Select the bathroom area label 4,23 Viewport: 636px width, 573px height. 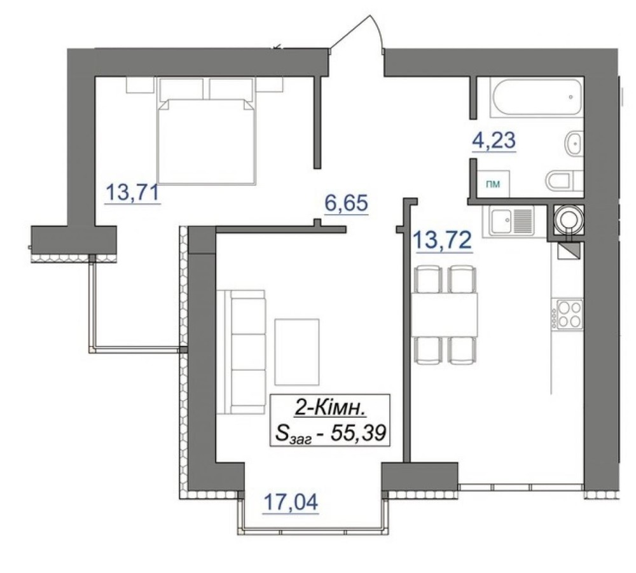(494, 140)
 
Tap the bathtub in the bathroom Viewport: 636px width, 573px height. (536, 97)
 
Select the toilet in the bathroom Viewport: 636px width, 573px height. (564, 181)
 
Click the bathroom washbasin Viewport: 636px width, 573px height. (574, 143)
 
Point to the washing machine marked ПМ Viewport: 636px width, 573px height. (494, 184)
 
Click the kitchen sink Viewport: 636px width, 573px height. (512, 221)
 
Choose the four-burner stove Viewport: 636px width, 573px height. (570, 314)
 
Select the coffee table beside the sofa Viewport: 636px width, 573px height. (297, 352)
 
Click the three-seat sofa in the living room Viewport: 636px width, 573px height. (241, 352)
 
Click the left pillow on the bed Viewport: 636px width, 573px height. (181, 89)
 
